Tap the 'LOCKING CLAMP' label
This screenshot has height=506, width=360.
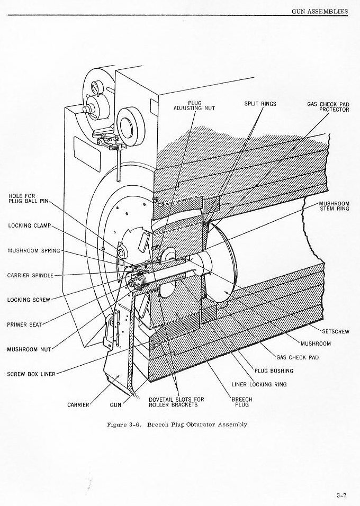click(29, 225)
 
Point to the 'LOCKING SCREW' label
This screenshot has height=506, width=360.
click(29, 300)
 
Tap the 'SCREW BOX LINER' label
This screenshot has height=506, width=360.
click(31, 374)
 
